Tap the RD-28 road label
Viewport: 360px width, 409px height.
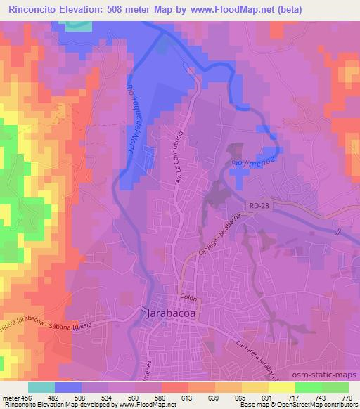point(259,204)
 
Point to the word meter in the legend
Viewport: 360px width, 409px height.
point(11,398)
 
